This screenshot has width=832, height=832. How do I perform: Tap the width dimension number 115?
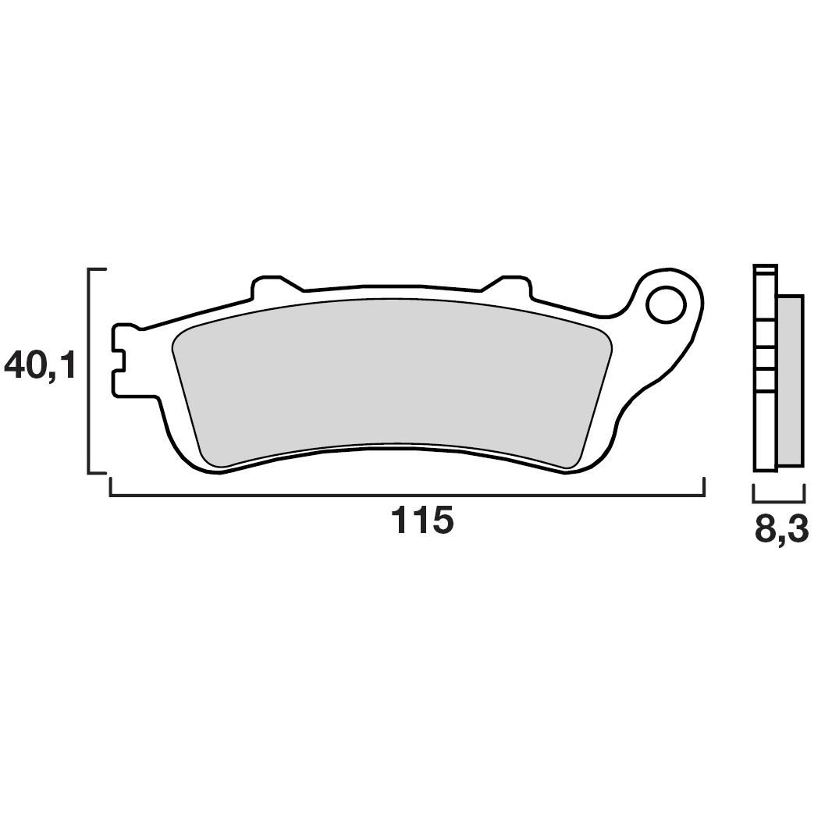[x=421, y=521]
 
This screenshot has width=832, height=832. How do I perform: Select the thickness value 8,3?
[x=780, y=530]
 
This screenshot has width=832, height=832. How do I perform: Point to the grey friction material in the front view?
[x=390, y=375]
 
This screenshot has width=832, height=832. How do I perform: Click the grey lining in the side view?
[x=790, y=381]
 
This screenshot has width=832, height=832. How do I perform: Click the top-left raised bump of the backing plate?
[x=265, y=283]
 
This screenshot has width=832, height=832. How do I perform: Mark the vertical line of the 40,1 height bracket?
[x=90, y=371]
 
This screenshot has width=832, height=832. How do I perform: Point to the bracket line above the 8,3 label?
[x=779, y=500]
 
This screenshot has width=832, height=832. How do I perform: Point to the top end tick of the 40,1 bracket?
[x=98, y=269]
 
